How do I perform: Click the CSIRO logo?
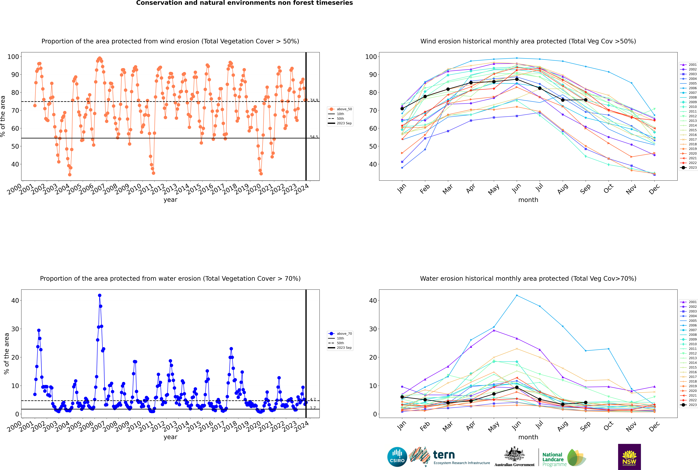coord(397,457)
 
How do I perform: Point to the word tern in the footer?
coord(444,455)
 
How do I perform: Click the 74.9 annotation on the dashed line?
coord(314,100)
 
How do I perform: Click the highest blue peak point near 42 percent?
coord(100,295)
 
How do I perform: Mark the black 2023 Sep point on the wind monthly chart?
coord(585,100)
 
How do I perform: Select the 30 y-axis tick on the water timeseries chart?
coord(15,329)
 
